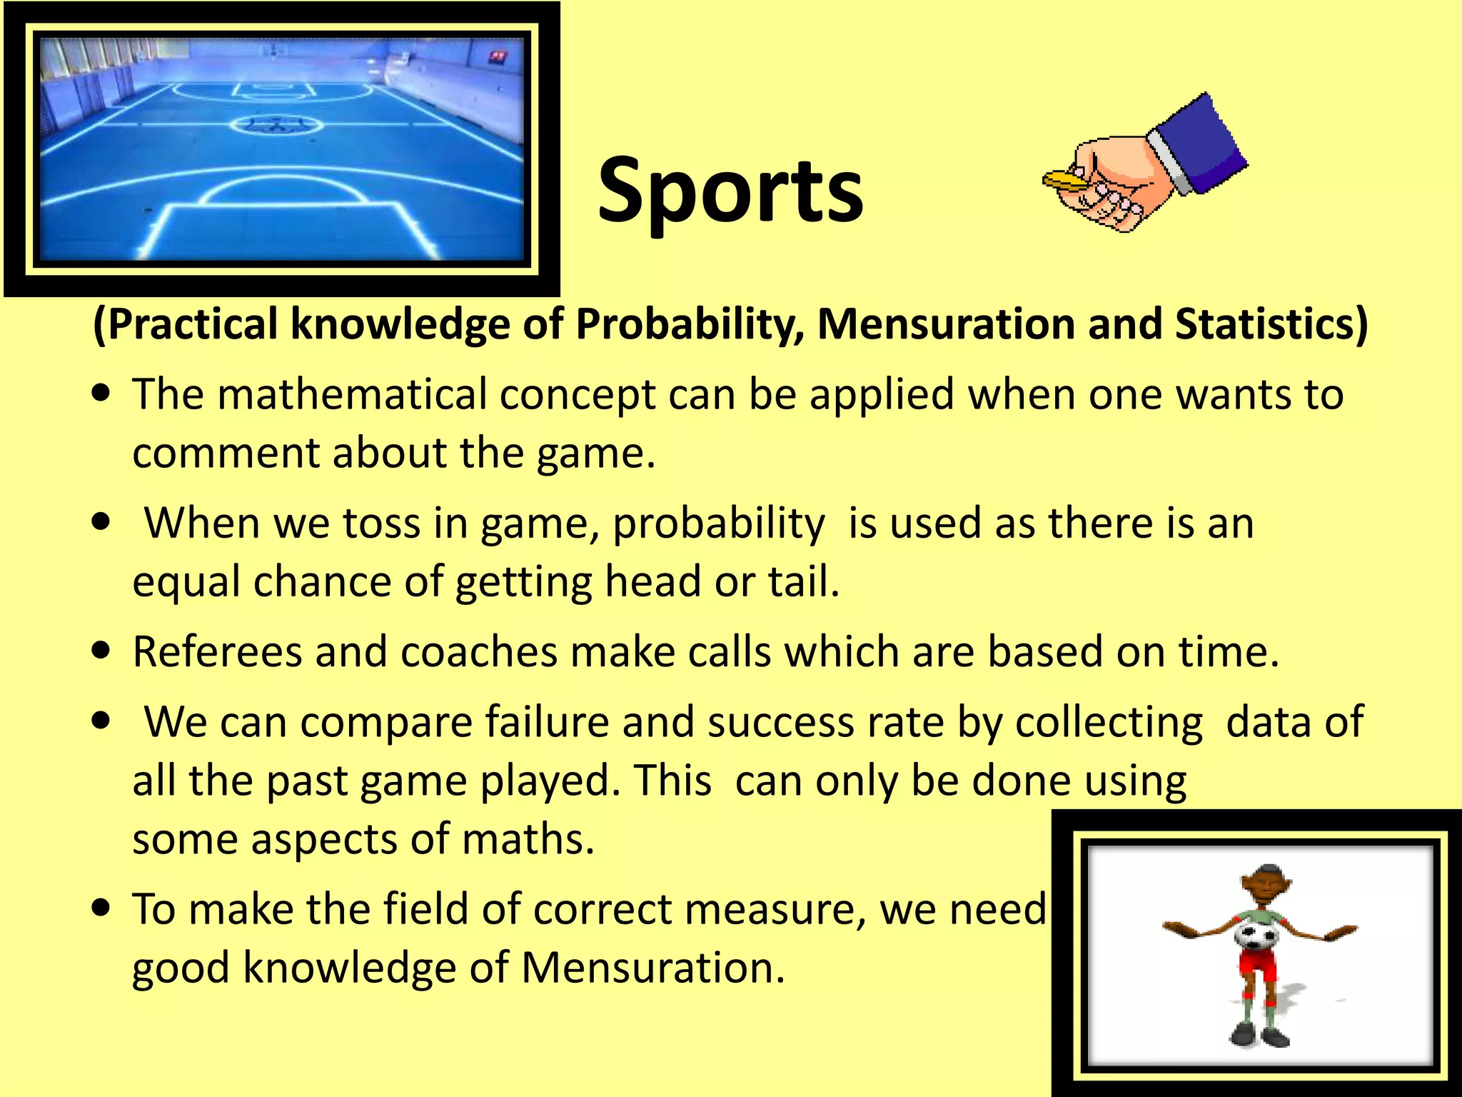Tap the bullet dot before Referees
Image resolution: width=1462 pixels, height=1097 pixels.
pos(101,651)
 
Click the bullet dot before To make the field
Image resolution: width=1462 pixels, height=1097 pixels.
pos(101,908)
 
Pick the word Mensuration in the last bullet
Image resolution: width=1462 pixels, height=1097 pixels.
pos(652,968)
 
